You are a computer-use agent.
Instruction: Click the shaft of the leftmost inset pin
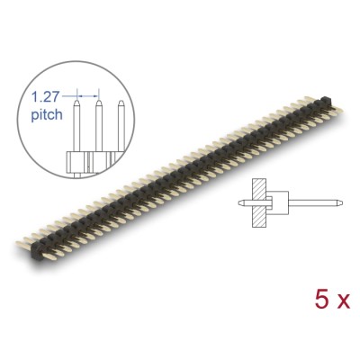(x=76, y=130)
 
